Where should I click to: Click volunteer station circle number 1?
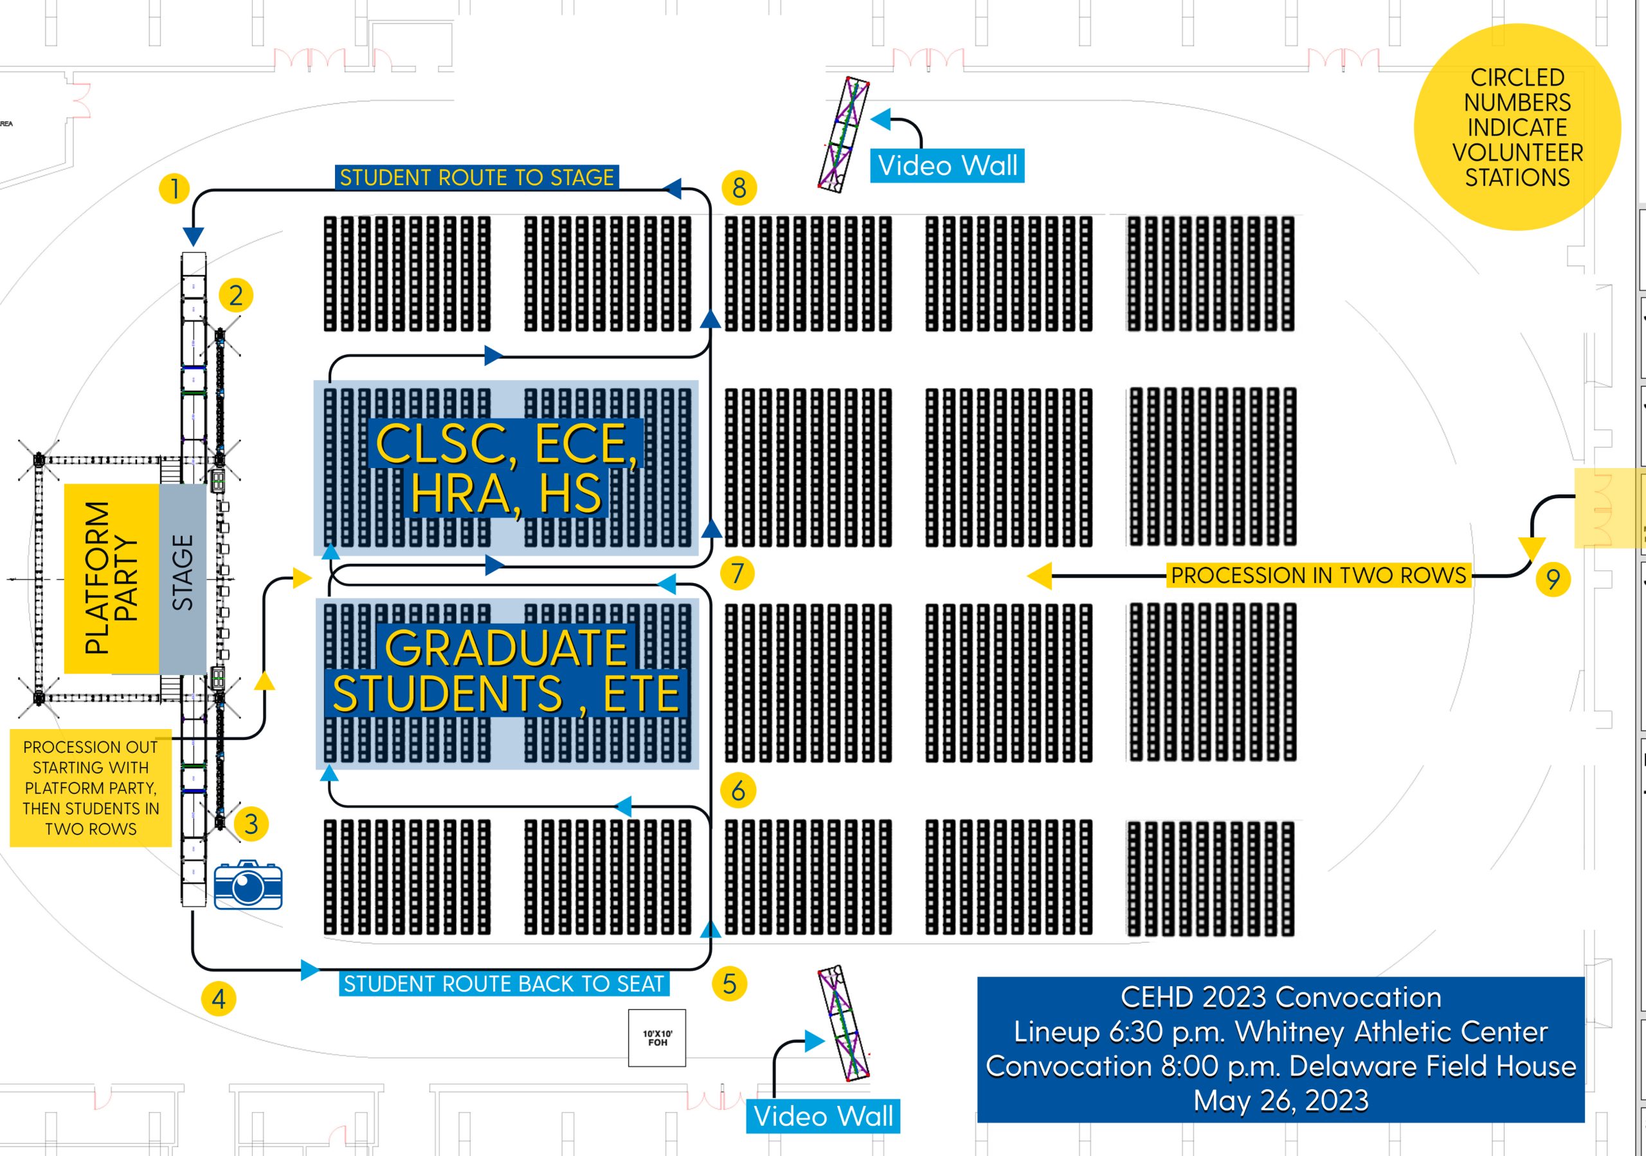click(x=174, y=189)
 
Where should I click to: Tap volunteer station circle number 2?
click(x=236, y=295)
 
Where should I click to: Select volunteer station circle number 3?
click(x=251, y=824)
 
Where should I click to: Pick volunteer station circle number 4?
click(x=219, y=998)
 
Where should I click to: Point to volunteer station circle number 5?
click(x=729, y=983)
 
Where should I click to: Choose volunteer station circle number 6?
click(x=737, y=791)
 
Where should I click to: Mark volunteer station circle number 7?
click(x=737, y=573)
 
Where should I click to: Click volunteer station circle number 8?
click(x=739, y=188)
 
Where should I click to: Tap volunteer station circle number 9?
click(x=1553, y=579)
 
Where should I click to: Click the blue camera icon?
click(x=248, y=885)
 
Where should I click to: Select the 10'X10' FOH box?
click(x=657, y=1038)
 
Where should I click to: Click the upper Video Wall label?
click(x=947, y=165)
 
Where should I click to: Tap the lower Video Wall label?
click(x=823, y=1116)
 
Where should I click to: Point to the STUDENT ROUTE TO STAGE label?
click(x=476, y=177)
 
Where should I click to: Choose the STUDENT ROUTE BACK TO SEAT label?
click(x=503, y=983)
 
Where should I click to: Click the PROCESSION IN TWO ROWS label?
click(x=1318, y=575)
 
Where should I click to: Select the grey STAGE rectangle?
click(x=183, y=579)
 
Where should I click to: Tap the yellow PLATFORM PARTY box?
click(x=111, y=579)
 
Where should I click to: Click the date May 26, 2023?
click(x=1280, y=1100)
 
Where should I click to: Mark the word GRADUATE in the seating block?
click(x=506, y=647)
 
